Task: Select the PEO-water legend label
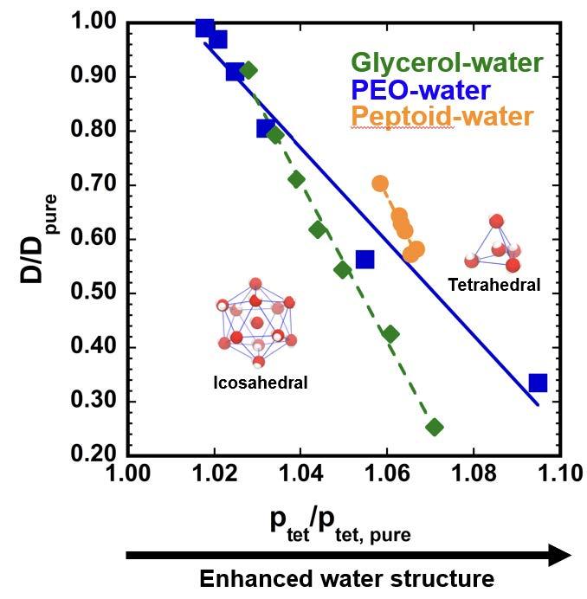[421, 89]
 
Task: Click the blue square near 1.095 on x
[538, 383]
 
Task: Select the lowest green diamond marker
[435, 427]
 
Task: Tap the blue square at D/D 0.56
[364, 259]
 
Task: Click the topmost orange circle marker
[380, 184]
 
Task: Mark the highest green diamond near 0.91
[248, 70]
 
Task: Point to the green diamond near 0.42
[390, 334]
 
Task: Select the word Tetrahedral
[494, 285]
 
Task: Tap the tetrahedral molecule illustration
[496, 244]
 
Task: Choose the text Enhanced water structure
[347, 578]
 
